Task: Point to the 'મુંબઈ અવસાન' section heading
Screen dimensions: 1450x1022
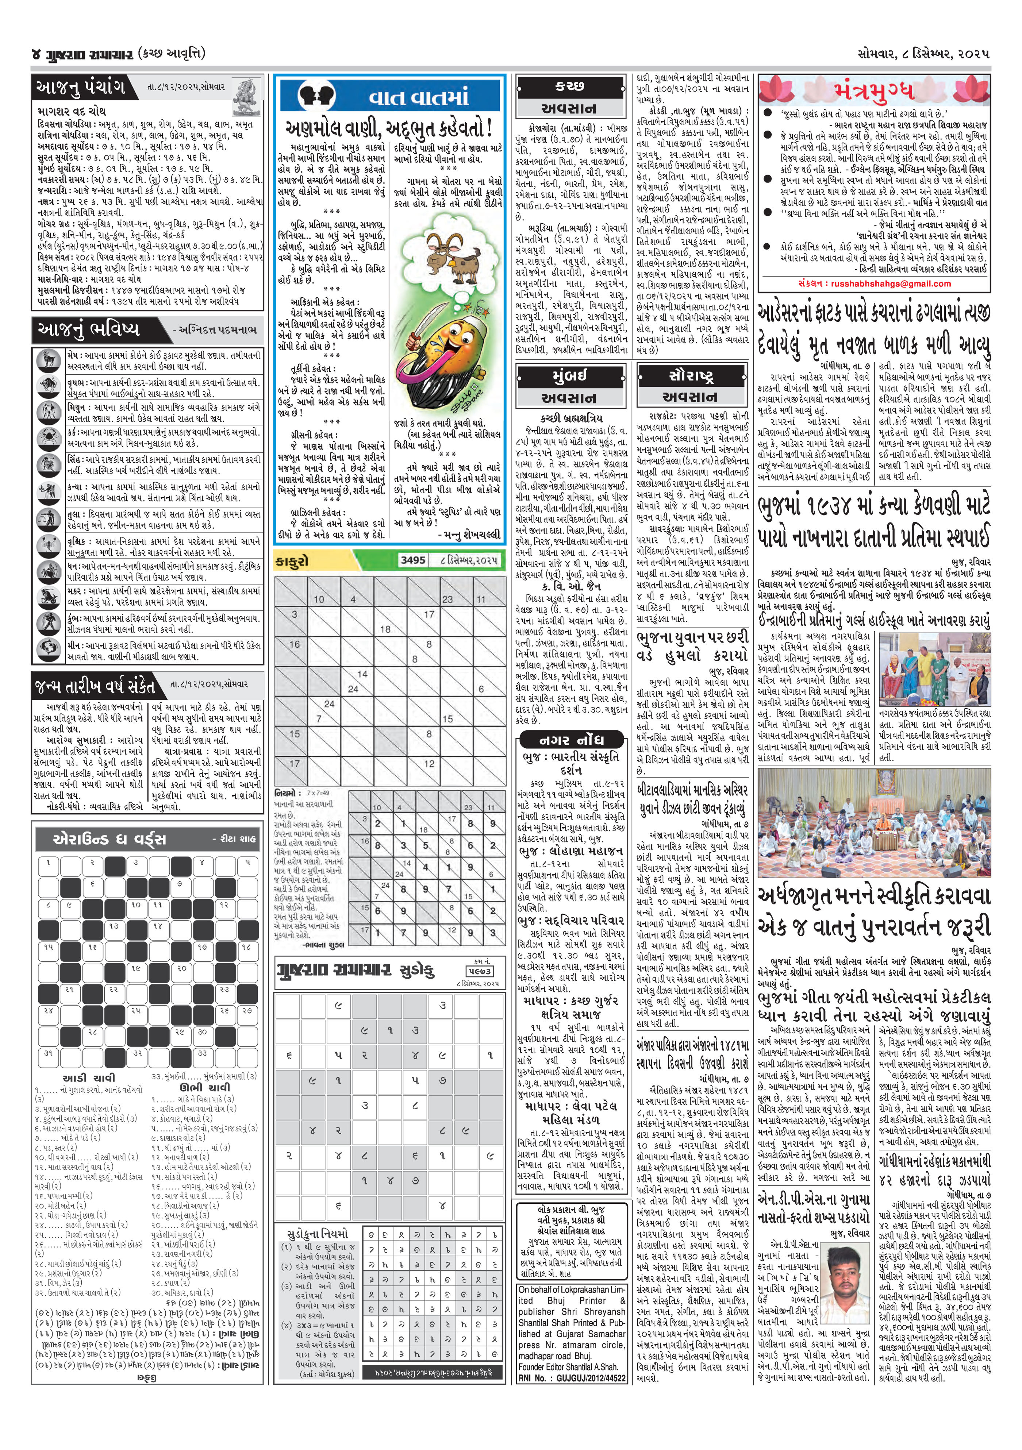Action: (x=569, y=386)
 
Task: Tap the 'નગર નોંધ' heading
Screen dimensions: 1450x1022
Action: (x=572, y=740)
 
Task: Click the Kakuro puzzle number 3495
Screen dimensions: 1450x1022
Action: (x=413, y=560)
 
